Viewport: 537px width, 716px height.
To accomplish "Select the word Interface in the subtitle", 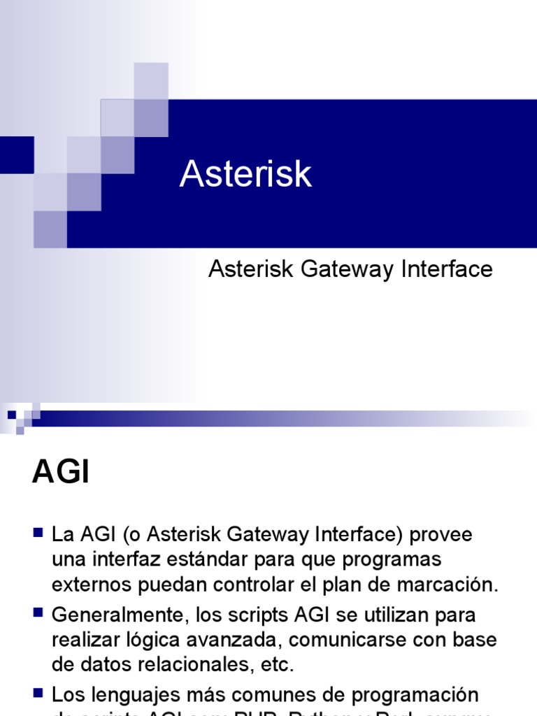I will tap(447, 269).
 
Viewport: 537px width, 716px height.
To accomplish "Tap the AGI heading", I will tap(61, 473).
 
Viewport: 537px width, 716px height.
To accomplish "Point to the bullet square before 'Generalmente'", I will tap(39, 613).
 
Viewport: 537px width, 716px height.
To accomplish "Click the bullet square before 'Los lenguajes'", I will tap(39, 693).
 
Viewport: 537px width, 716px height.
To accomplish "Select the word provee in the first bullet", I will tap(441, 535).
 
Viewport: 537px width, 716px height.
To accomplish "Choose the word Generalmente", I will tap(113, 616).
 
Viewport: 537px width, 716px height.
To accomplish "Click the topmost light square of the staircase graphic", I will tap(151, 80).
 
